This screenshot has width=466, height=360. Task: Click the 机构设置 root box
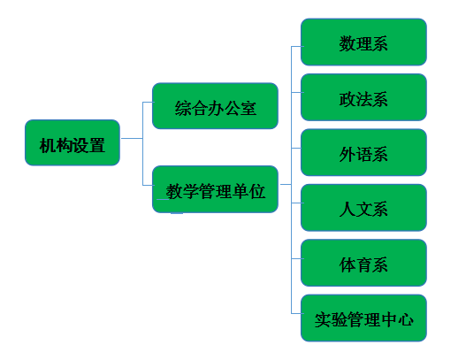(x=73, y=142)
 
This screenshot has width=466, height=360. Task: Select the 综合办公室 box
(x=215, y=106)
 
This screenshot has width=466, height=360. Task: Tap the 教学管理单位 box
(x=215, y=189)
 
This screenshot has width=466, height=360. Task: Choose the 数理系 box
(x=363, y=42)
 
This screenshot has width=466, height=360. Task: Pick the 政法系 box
(x=363, y=97)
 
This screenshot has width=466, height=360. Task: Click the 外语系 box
(x=363, y=152)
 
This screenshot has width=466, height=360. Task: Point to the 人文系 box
(x=363, y=208)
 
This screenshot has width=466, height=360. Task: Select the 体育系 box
(x=363, y=263)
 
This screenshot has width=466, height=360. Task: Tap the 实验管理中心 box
(x=363, y=318)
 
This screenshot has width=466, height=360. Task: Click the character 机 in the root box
(x=48, y=146)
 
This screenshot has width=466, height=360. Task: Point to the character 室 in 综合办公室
(x=248, y=108)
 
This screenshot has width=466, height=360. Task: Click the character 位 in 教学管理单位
(x=257, y=191)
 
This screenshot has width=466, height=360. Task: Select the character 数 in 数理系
(x=348, y=43)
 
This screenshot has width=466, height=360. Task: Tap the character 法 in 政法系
(x=363, y=99)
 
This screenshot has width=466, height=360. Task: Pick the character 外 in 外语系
(x=348, y=154)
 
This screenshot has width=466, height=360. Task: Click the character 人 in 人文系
(x=348, y=210)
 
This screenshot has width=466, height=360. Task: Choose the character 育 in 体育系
(x=363, y=264)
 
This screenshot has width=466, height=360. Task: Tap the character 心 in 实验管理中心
(x=406, y=320)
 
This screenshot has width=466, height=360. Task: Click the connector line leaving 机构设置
(x=132, y=138)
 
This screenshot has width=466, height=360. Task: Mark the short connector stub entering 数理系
(x=297, y=46)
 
